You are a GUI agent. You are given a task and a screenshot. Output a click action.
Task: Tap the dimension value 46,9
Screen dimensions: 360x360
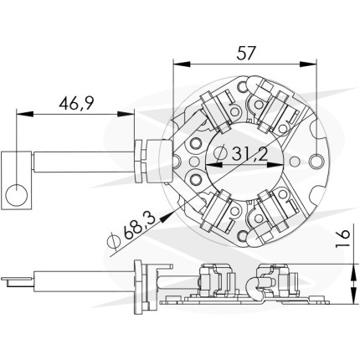pyautogui.click(x=76, y=103)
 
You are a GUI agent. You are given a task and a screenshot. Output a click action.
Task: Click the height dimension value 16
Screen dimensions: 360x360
pyautogui.click(x=342, y=239)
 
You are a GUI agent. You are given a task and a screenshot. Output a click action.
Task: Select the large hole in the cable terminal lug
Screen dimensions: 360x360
pyautogui.click(x=17, y=194)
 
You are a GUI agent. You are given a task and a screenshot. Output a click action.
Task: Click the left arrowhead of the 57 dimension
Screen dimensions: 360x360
pyautogui.click(x=182, y=64)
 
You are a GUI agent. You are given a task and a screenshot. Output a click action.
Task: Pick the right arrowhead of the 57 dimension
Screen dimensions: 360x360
pyautogui.click(x=308, y=64)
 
